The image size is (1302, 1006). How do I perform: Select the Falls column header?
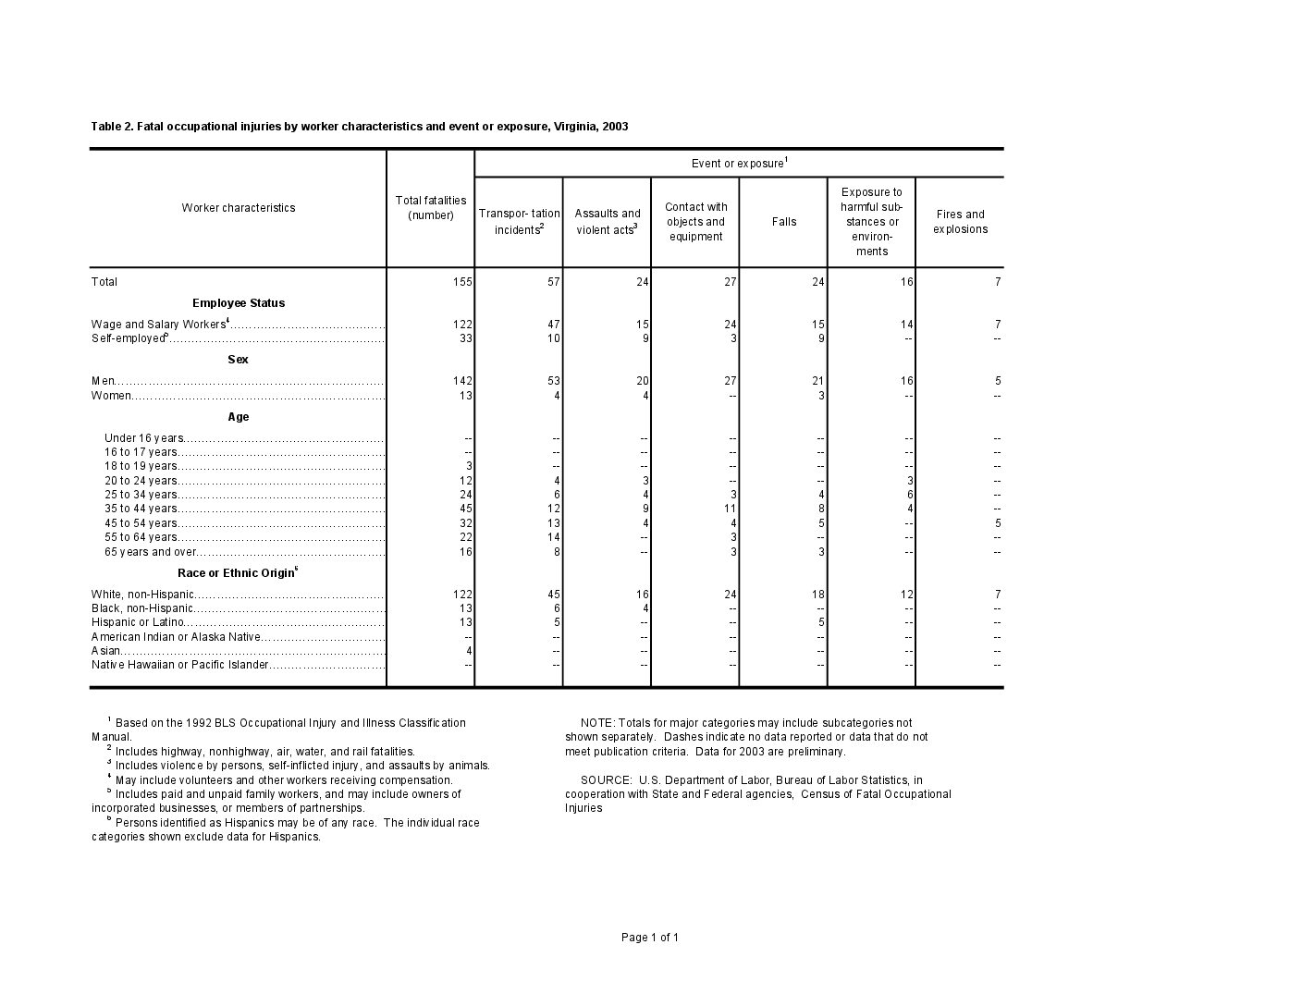click(x=783, y=222)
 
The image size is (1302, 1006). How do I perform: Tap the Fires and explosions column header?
click(x=960, y=222)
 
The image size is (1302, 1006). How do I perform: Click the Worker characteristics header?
click(x=239, y=208)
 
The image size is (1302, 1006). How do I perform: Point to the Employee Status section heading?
click(x=239, y=303)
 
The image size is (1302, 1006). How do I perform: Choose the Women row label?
click(x=111, y=396)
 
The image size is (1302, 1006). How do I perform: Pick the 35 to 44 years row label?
click(x=141, y=509)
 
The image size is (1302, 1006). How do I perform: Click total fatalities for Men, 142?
click(x=463, y=381)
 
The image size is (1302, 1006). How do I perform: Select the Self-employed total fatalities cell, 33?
click(x=466, y=338)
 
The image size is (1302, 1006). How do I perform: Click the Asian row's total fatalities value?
click(x=469, y=651)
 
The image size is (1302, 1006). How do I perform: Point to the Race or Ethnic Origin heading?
click(x=237, y=573)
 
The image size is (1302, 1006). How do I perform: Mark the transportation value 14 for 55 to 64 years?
click(x=554, y=537)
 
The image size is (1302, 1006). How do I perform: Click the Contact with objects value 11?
click(x=731, y=509)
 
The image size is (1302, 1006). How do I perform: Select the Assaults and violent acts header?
click(x=607, y=222)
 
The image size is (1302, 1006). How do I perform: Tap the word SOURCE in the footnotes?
click(x=606, y=780)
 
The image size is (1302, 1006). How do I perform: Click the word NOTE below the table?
click(x=596, y=723)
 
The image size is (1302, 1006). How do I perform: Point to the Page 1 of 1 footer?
click(x=650, y=938)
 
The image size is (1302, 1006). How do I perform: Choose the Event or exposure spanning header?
click(x=739, y=164)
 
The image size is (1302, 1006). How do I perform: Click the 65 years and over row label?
click(x=151, y=552)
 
